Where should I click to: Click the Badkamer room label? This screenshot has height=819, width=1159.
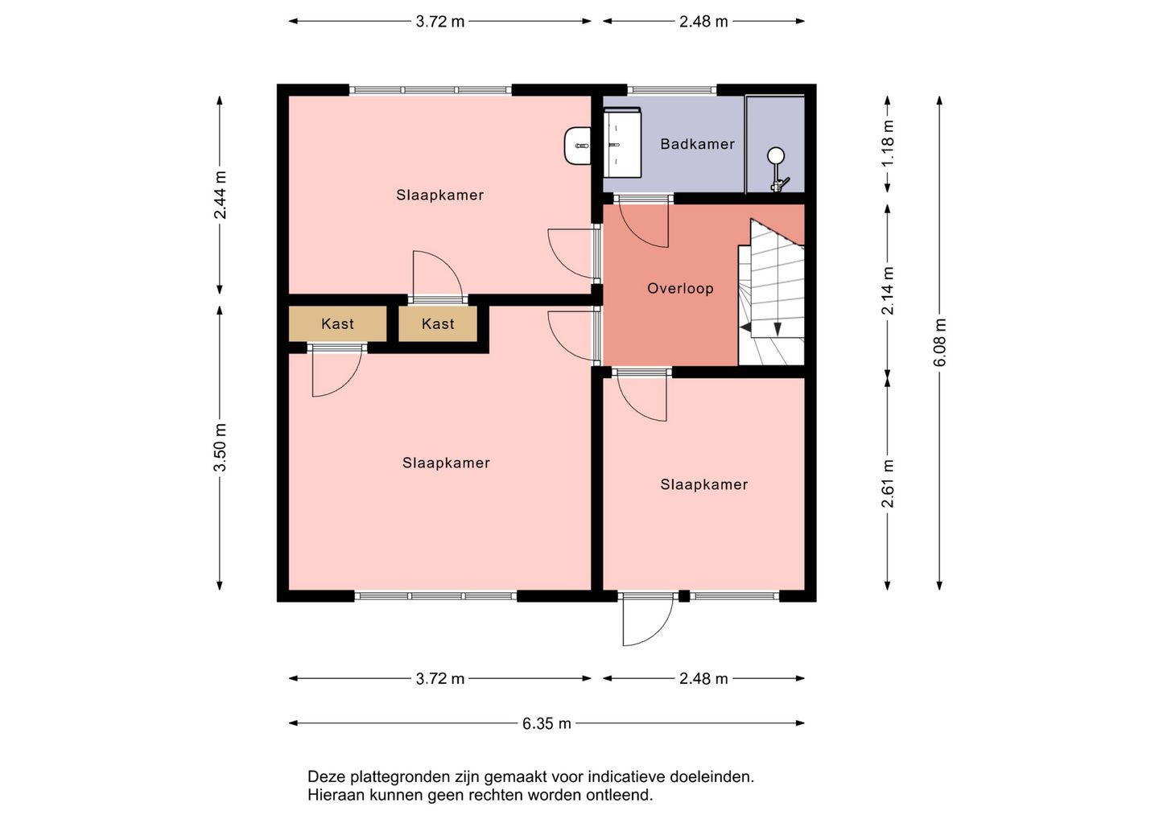(x=697, y=144)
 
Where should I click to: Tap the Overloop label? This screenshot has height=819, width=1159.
(x=680, y=288)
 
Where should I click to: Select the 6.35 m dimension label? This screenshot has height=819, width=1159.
(x=547, y=723)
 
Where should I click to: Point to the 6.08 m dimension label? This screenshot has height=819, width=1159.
(x=939, y=342)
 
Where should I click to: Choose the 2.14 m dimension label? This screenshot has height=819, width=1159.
(x=888, y=290)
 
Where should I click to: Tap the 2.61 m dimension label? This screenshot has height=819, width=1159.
(x=888, y=484)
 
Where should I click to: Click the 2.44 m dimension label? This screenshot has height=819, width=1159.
(x=220, y=195)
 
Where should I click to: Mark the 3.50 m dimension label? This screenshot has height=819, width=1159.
(x=220, y=447)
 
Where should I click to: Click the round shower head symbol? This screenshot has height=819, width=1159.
(x=776, y=155)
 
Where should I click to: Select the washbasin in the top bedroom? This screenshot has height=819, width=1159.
(x=577, y=146)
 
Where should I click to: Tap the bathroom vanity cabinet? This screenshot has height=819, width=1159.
(x=622, y=142)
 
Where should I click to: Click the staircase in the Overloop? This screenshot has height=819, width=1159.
(x=771, y=292)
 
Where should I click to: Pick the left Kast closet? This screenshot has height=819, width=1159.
(x=337, y=324)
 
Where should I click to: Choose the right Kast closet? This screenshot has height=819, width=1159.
(x=438, y=324)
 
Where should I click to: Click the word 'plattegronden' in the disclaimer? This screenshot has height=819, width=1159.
(x=398, y=777)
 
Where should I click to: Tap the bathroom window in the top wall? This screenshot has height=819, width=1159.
(x=671, y=90)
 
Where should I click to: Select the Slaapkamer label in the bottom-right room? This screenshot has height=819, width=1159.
(x=703, y=484)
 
